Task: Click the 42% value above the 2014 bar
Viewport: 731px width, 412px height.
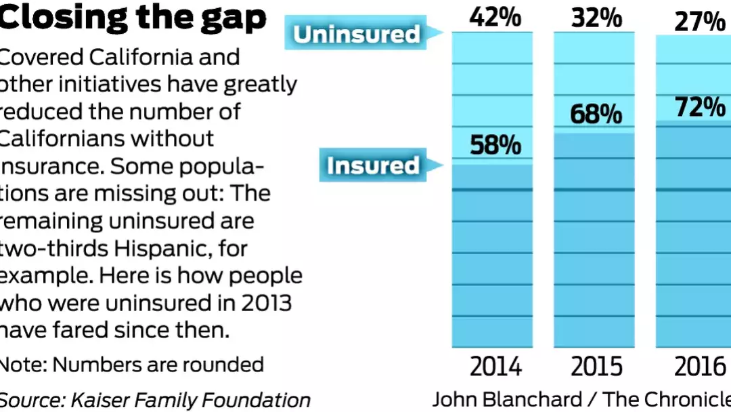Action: tap(495, 17)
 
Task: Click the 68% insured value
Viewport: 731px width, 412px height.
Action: tap(596, 114)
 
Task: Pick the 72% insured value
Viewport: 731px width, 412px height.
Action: tap(699, 106)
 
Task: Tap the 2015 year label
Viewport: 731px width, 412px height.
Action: tap(596, 367)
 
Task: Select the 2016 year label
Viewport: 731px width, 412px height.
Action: tap(700, 367)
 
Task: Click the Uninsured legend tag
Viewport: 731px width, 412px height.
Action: tap(357, 34)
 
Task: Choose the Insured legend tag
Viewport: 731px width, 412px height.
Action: tap(373, 165)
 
